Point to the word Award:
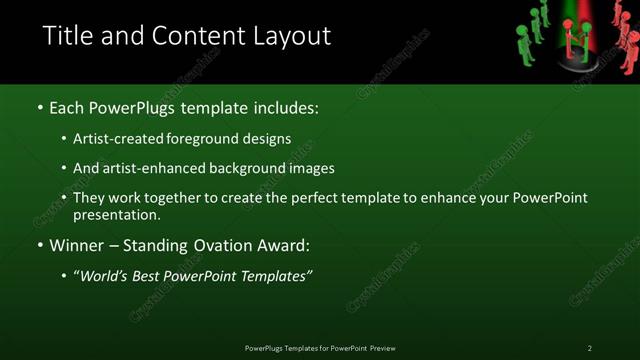tap(285, 245)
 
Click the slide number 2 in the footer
tap(589, 348)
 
